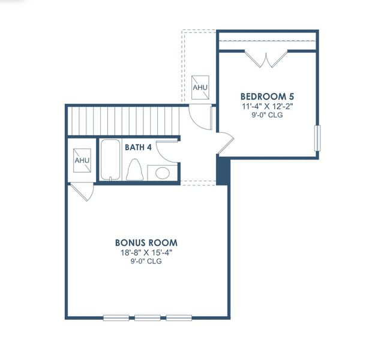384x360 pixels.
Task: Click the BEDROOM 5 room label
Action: click(x=267, y=96)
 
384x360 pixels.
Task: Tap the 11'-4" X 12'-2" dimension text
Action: click(x=267, y=106)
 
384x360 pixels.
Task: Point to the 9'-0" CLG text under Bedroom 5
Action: click(x=267, y=115)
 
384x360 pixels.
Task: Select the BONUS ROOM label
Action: click(x=146, y=243)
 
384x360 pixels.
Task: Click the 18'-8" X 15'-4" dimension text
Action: click(x=146, y=253)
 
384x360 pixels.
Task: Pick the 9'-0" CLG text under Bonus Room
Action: click(x=146, y=262)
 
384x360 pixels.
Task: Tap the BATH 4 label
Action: click(x=139, y=146)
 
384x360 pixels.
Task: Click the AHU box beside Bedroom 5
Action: click(x=200, y=88)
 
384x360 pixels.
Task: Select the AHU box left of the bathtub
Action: click(x=81, y=161)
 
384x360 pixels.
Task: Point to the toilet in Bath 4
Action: click(x=134, y=170)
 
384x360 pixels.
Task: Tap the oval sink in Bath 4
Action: click(x=162, y=173)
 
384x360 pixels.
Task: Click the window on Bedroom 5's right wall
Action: click(x=318, y=137)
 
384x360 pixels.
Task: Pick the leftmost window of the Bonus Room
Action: click(x=116, y=317)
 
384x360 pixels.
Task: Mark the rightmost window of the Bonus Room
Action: click(x=178, y=317)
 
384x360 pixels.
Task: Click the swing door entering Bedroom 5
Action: click(x=226, y=142)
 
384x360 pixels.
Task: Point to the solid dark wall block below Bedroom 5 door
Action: click(x=222, y=169)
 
